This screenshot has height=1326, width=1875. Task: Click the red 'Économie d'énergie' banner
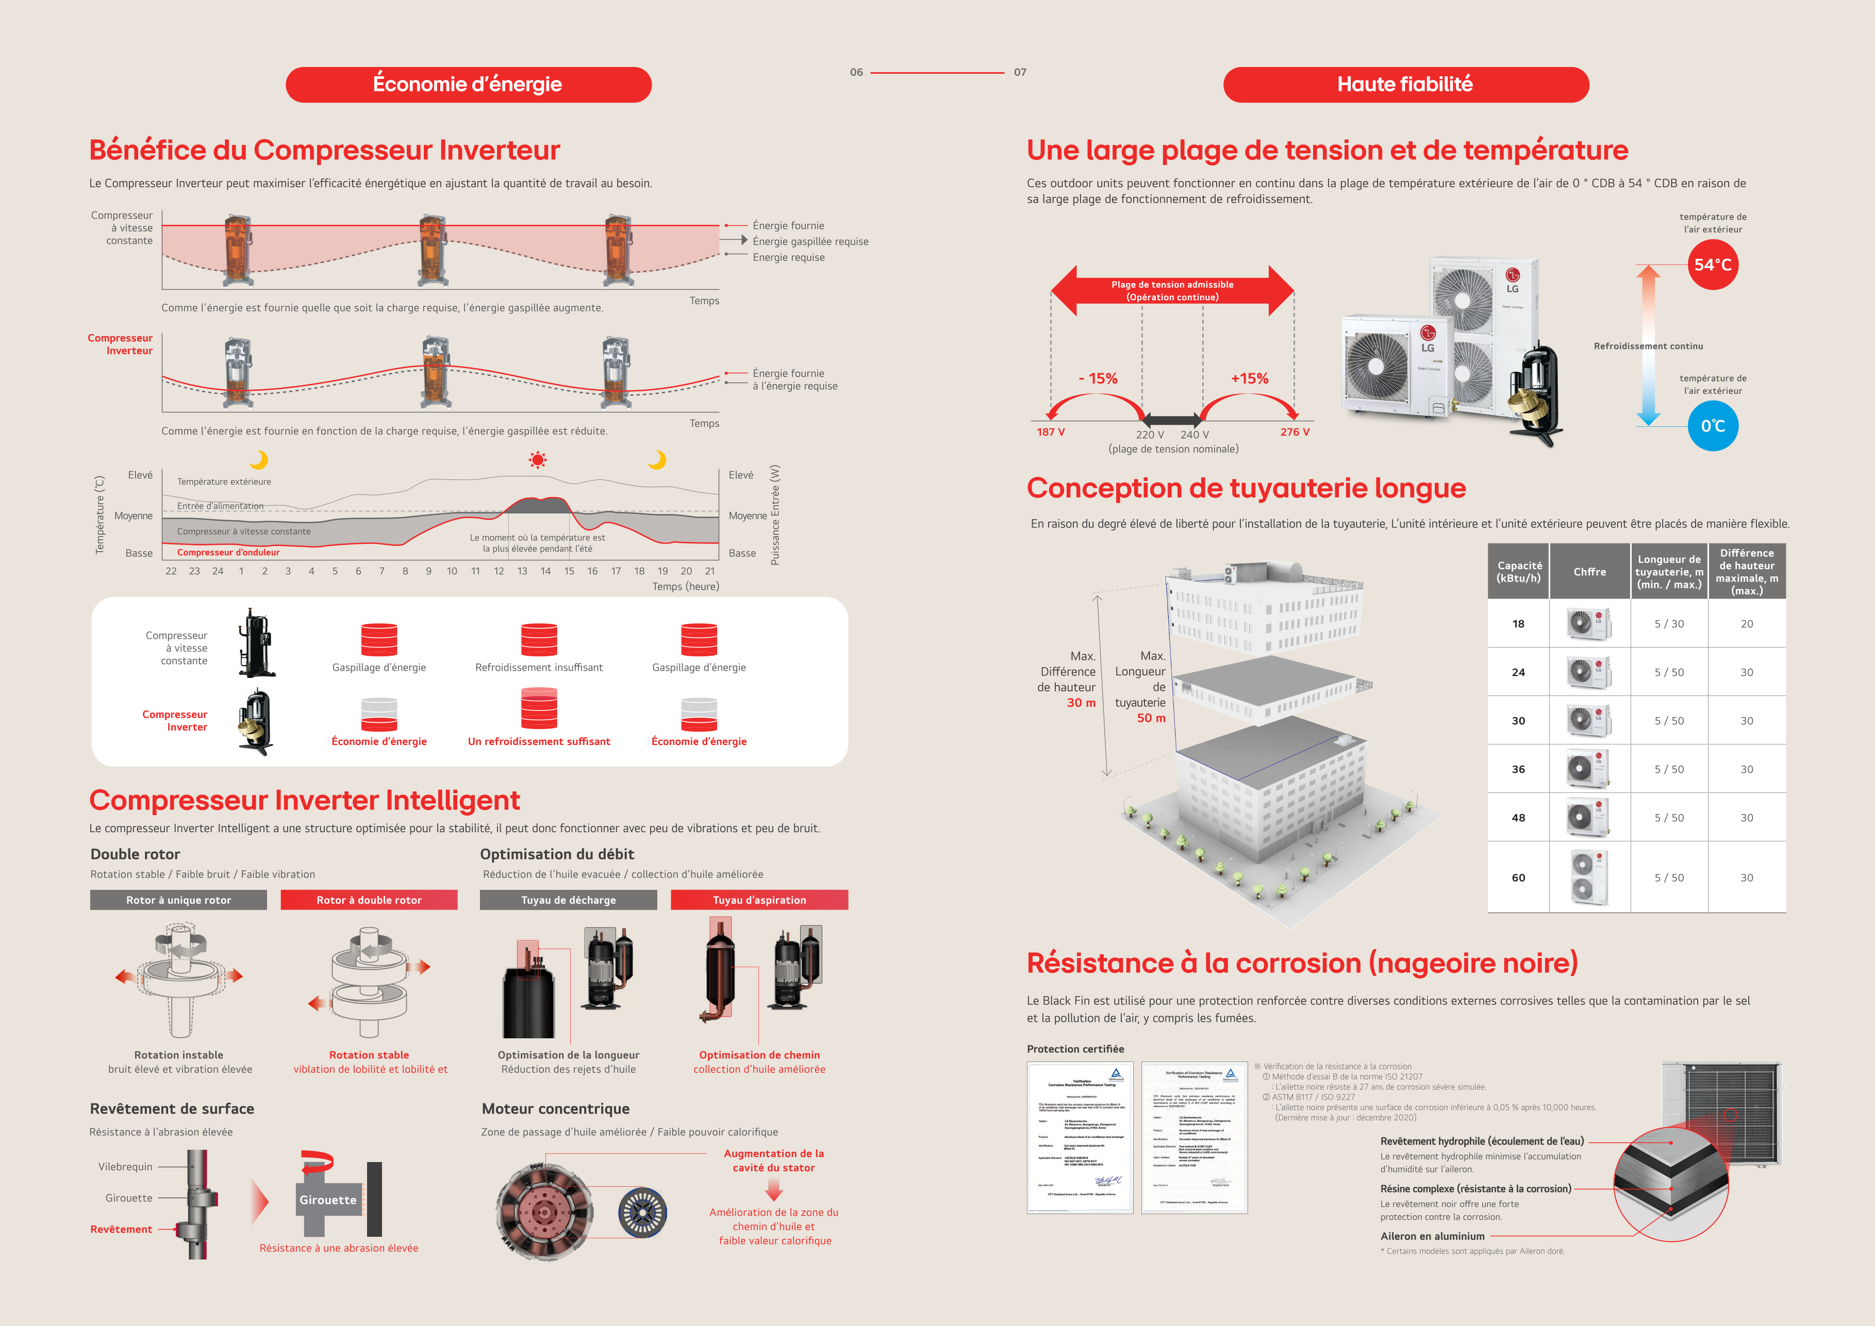[x=468, y=84]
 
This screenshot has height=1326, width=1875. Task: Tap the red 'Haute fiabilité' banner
[x=1405, y=84]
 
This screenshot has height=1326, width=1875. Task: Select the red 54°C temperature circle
[x=1713, y=264]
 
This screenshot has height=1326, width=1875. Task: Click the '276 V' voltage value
[x=1295, y=432]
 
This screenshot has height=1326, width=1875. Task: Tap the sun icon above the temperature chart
[x=537, y=460]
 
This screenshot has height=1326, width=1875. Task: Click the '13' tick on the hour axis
[x=522, y=571]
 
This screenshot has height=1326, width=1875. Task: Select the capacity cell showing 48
[x=1518, y=817]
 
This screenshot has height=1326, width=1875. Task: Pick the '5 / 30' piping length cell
[x=1668, y=624]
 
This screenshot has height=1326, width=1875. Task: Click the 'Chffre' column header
[x=1589, y=572]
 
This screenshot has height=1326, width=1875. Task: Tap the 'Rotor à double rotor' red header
[x=369, y=900]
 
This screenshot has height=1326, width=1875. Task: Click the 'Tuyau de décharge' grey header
[x=569, y=900]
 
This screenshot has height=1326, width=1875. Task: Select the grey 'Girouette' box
[x=327, y=1200]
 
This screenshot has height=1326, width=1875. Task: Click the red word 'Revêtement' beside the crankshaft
[x=121, y=1229]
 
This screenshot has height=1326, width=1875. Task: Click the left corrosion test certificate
[x=1080, y=1137]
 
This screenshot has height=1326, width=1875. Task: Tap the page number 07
[x=1020, y=72]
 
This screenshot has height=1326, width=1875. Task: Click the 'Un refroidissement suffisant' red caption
[x=539, y=741]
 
